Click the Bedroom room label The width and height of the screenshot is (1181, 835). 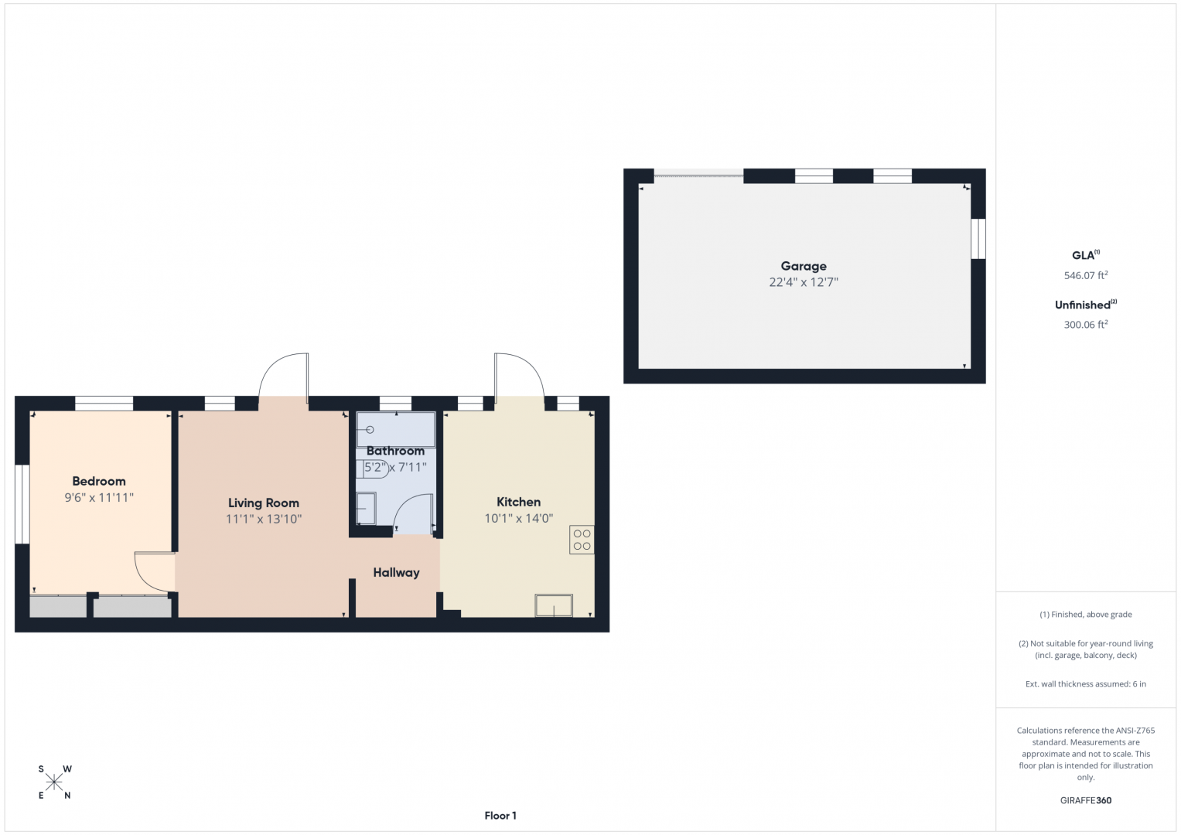pos(98,481)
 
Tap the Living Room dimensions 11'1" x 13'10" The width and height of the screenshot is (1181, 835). pos(264,520)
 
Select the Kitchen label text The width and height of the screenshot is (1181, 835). pos(518,502)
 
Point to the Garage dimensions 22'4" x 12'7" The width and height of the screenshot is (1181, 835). pos(804,282)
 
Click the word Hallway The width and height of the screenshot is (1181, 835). pos(397,572)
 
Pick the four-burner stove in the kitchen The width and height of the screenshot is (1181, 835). pos(582,540)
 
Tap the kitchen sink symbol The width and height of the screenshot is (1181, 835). pos(554,605)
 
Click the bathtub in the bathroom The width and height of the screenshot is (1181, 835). pos(396,430)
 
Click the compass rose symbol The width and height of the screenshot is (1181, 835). pos(54,782)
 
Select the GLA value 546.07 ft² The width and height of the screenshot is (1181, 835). pos(1086,275)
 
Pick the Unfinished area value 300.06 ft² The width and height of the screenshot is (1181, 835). pos(1086,325)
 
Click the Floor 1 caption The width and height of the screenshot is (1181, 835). pos(500,816)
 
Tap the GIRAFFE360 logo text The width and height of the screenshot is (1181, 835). pos(1086,800)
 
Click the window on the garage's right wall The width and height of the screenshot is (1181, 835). pos(978,239)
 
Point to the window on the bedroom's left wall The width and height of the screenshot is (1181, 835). pos(22,504)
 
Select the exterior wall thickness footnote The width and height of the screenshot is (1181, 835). pos(1086,683)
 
